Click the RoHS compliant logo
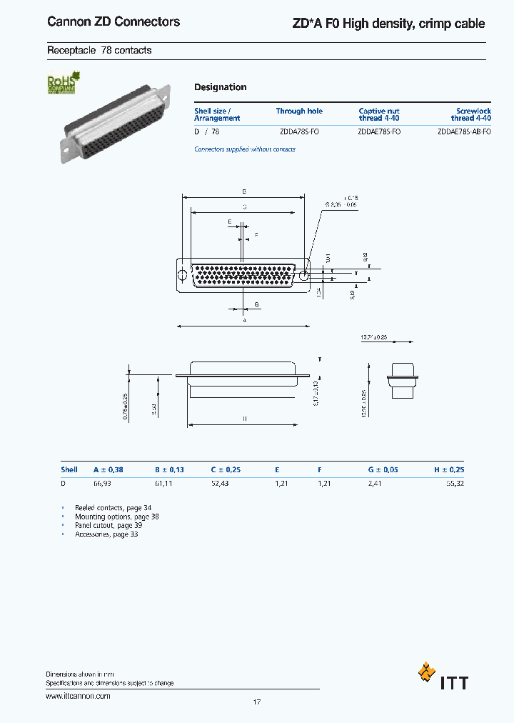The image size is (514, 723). [x=62, y=84]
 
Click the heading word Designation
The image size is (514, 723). [x=221, y=87]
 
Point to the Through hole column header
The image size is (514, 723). [x=299, y=111]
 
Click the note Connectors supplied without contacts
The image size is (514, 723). [x=245, y=149]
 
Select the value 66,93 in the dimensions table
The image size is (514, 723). [x=103, y=484]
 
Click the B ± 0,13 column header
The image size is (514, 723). [x=169, y=470]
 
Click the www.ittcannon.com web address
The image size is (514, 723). [x=78, y=696]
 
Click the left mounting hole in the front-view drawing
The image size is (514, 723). [x=183, y=275]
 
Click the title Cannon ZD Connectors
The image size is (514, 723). [x=114, y=22]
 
